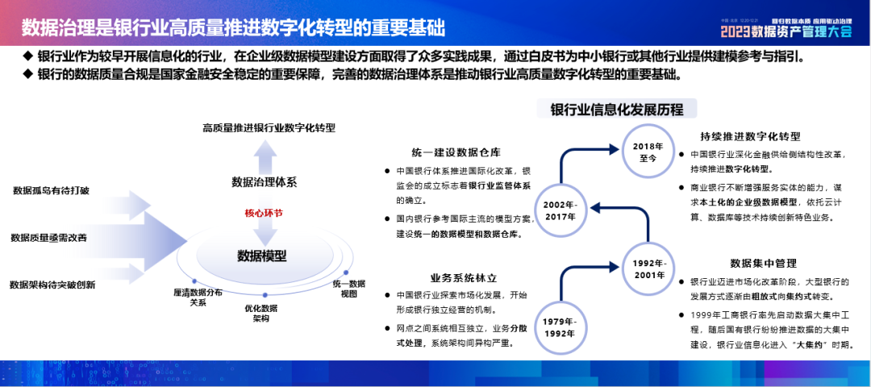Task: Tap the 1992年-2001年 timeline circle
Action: (x=650, y=268)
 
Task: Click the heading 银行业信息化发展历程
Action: (x=617, y=110)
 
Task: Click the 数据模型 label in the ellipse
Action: (x=262, y=256)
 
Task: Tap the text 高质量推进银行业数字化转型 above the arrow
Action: (x=269, y=128)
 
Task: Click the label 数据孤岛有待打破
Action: (x=52, y=191)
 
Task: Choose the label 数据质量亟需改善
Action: (x=48, y=238)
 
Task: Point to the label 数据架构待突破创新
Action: (x=52, y=285)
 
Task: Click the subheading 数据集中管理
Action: (x=763, y=263)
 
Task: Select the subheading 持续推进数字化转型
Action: (x=751, y=136)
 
